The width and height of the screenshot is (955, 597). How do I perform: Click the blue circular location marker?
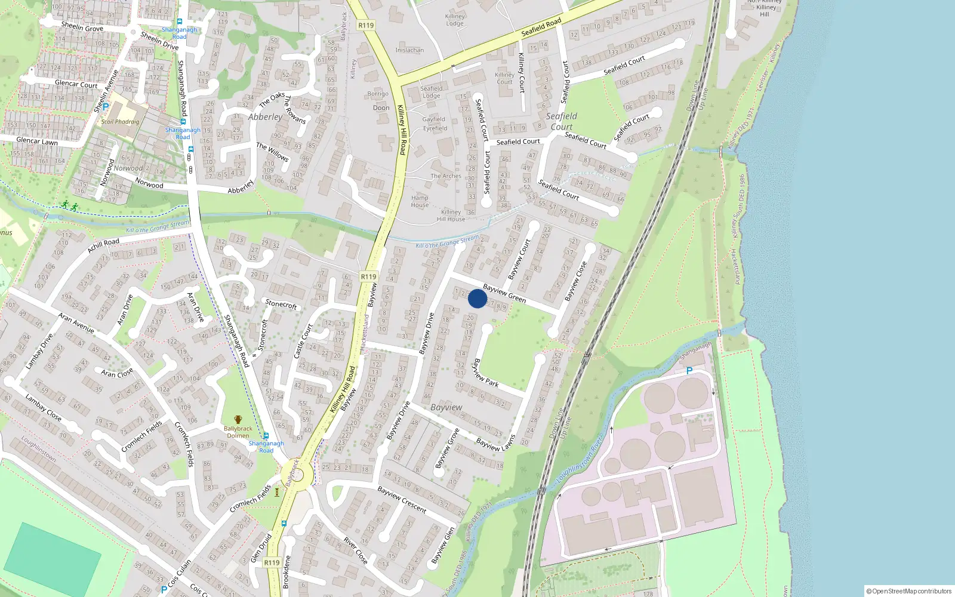coord(478,298)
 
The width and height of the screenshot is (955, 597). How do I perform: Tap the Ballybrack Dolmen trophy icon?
coord(238,420)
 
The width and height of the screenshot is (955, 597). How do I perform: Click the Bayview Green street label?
coord(504,293)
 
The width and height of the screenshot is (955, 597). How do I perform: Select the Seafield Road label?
coord(541,27)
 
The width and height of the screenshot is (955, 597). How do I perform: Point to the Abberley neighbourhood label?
coord(265,117)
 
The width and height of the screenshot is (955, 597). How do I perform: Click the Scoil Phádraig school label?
coord(120,122)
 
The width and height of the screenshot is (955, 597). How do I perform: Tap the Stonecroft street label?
coord(281,304)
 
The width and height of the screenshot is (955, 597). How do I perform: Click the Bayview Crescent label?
coord(402,500)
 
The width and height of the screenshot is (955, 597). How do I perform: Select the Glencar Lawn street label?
coord(37,141)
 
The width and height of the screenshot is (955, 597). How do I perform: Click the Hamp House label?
coord(420,201)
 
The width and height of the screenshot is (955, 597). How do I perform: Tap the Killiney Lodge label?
coord(454,20)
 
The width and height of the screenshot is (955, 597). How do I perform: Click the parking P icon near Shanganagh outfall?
coord(689,371)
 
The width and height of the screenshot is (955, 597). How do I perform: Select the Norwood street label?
coord(149,184)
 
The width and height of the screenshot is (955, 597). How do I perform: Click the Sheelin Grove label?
coord(82,27)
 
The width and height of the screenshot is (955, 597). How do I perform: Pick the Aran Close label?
coord(117,373)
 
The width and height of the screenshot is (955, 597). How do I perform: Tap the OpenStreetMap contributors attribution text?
coord(909,591)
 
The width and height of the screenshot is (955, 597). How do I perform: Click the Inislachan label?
coord(409,50)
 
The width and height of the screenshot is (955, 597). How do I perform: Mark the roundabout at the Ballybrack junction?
coord(296,476)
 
